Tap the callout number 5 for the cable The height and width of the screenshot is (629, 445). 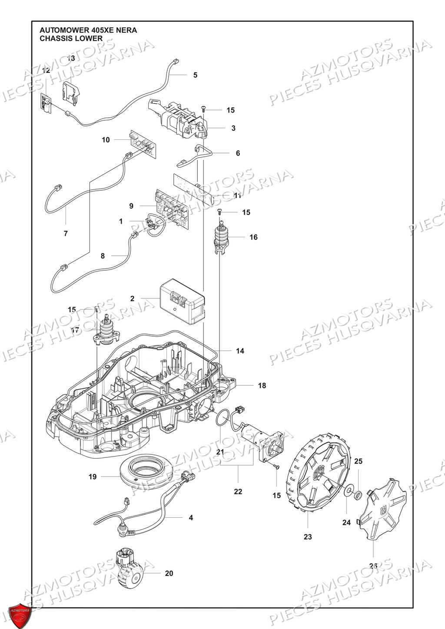[x=195, y=75]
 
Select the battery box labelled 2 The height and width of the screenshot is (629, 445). [x=182, y=301]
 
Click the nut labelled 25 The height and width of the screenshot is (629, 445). [x=359, y=494]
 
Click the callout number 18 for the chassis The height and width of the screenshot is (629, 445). [x=262, y=385]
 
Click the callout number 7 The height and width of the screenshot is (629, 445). [x=66, y=234]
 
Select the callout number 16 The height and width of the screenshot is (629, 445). [x=253, y=237]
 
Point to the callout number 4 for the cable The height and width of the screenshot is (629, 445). [x=190, y=518]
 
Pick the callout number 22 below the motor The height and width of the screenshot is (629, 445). [x=238, y=492]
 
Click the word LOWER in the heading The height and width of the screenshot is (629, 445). [x=92, y=38]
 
